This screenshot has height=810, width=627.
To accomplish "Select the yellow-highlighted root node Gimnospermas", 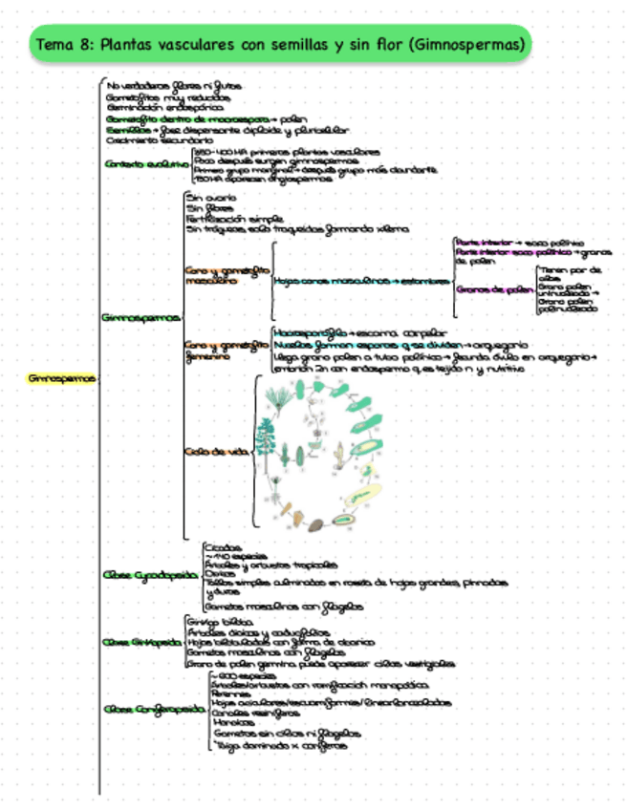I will click(x=62, y=378).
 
